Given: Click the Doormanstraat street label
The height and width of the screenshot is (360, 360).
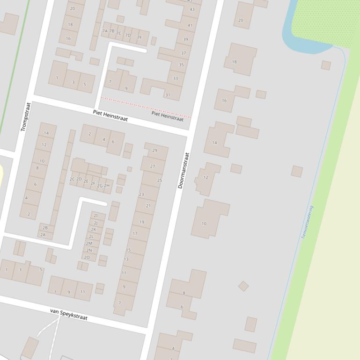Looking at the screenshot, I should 184,171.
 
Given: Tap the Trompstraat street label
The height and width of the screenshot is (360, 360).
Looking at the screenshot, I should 25,117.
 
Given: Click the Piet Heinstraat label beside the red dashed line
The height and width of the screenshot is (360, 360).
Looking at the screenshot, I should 167,116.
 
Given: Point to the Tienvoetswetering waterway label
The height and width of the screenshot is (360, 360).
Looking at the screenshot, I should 307,223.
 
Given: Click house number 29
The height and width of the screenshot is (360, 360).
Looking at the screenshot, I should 154,151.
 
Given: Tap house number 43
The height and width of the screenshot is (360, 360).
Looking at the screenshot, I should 192,9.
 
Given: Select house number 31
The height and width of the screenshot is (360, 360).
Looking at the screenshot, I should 168,95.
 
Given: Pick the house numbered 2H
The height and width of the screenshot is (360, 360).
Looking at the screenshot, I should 107,186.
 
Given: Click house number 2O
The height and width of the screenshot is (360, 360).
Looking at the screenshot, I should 87,257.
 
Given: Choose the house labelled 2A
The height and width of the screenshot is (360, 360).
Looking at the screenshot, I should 43,235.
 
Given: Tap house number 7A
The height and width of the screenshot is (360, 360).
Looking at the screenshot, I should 105,31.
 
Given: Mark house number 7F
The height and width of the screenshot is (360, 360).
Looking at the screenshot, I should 140,37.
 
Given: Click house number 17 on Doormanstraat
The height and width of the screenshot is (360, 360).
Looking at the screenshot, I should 135,233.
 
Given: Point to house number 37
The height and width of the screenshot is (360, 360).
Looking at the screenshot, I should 183,53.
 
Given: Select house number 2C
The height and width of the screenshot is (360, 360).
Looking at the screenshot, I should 72,179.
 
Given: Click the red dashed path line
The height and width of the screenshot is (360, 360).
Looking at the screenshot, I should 145,108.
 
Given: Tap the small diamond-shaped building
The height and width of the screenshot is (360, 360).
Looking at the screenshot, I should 243,286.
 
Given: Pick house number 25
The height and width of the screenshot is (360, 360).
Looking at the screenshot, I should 160,180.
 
